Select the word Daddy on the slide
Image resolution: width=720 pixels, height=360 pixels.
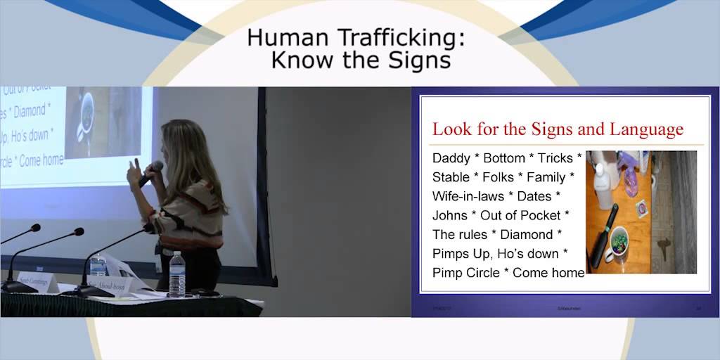click(x=451, y=158)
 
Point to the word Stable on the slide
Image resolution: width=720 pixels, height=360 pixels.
click(x=451, y=177)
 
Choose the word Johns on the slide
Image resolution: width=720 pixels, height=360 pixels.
click(x=449, y=215)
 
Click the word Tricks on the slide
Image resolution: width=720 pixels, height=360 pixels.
click(x=555, y=158)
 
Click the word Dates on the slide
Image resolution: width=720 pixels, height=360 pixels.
click(x=534, y=196)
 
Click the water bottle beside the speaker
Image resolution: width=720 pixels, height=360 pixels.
click(x=177, y=274)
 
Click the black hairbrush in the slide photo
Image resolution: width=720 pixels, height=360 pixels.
click(x=604, y=235)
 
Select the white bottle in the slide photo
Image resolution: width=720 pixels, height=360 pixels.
click(x=603, y=184)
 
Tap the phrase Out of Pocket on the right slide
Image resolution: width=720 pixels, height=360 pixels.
click(x=520, y=215)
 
